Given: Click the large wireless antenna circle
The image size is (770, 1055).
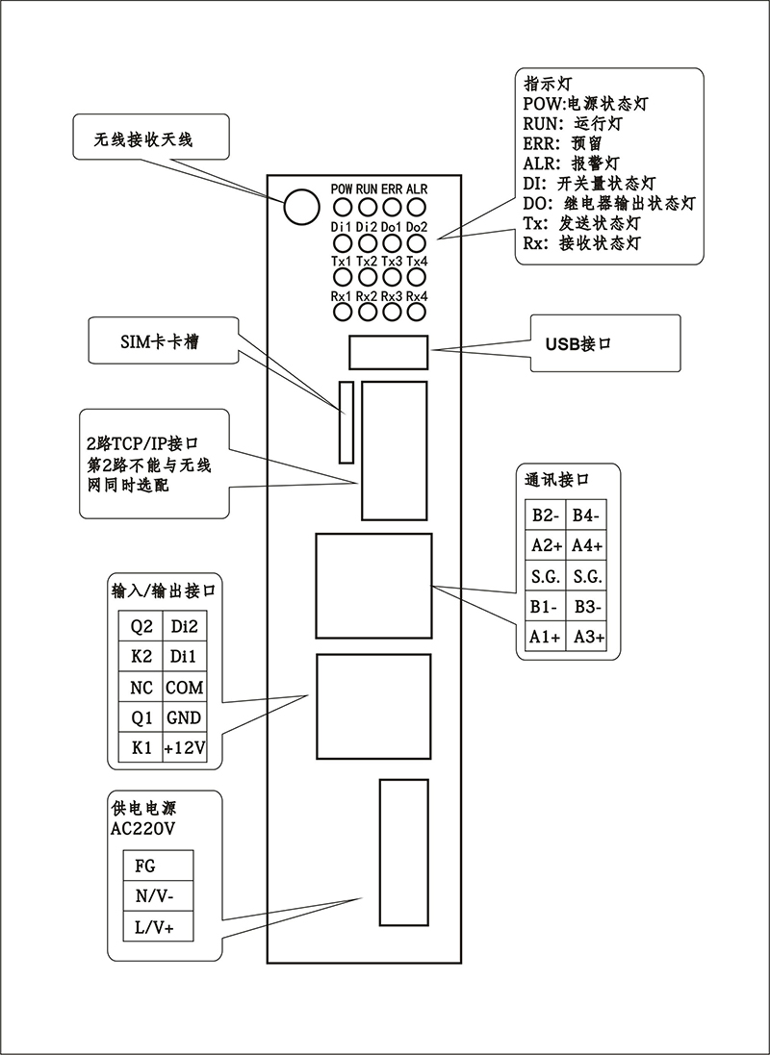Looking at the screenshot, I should click(300, 205).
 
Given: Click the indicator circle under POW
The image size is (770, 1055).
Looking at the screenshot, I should click(342, 208).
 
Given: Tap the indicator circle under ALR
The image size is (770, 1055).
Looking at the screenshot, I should click(417, 208).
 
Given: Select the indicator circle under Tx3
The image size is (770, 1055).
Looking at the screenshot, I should click(392, 279).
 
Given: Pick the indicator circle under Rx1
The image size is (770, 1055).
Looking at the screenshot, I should click(342, 313).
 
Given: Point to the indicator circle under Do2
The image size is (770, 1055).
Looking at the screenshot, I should click(417, 243).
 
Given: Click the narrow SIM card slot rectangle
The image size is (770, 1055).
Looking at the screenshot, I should click(346, 422).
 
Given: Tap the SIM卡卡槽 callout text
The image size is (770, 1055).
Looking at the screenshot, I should click(161, 342).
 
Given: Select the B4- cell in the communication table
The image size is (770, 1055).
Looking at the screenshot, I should click(586, 515).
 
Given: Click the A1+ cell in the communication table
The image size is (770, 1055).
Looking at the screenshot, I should click(546, 637).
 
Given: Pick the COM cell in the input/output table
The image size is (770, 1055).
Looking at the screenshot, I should click(184, 688).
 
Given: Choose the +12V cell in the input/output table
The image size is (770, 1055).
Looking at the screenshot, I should click(184, 748).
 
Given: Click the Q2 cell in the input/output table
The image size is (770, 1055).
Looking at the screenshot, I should click(141, 627).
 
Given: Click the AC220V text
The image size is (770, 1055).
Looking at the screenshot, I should click(143, 829).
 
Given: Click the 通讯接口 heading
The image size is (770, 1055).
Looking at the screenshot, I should click(557, 479).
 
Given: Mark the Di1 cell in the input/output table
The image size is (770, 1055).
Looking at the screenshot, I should click(184, 658).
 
